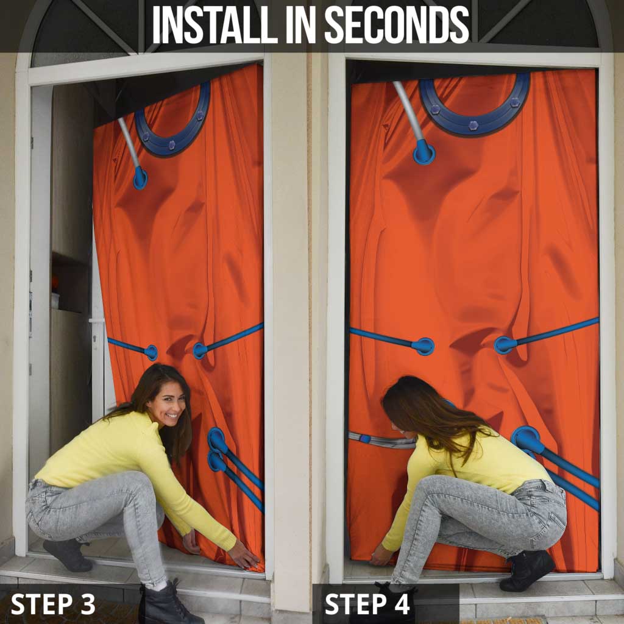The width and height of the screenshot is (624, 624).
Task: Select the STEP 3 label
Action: click(x=53, y=604)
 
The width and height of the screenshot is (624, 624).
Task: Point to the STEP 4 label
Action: click(x=367, y=604)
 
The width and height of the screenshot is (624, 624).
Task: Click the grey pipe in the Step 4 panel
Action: click(x=408, y=113)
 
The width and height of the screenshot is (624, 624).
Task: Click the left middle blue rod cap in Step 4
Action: click(x=423, y=346)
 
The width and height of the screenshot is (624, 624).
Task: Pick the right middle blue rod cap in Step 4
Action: click(x=505, y=345)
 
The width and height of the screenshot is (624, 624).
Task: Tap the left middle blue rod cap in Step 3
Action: click(x=151, y=352)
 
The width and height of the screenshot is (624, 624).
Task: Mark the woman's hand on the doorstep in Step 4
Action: click(x=381, y=554)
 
